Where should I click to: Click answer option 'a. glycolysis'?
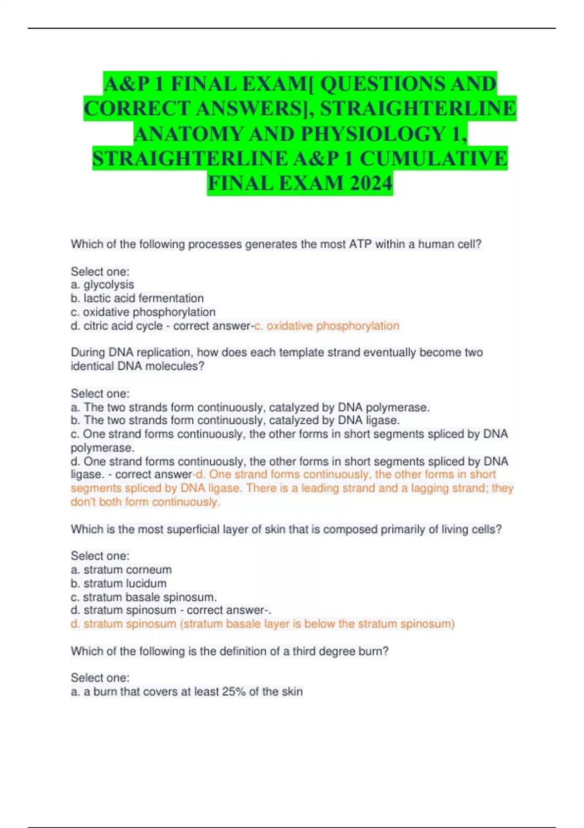click(x=102, y=284)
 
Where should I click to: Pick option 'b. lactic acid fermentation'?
click(x=137, y=298)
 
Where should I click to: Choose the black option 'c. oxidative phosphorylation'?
click(x=143, y=312)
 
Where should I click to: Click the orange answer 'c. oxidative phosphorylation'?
click(x=327, y=326)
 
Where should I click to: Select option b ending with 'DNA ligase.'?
click(x=235, y=420)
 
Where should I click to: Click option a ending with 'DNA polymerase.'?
click(x=250, y=407)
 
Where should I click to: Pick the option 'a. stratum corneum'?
click(x=121, y=569)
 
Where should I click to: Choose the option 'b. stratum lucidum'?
click(x=119, y=583)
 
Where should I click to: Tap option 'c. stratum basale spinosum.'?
click(x=144, y=597)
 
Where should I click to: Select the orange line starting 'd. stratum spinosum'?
click(x=263, y=624)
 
